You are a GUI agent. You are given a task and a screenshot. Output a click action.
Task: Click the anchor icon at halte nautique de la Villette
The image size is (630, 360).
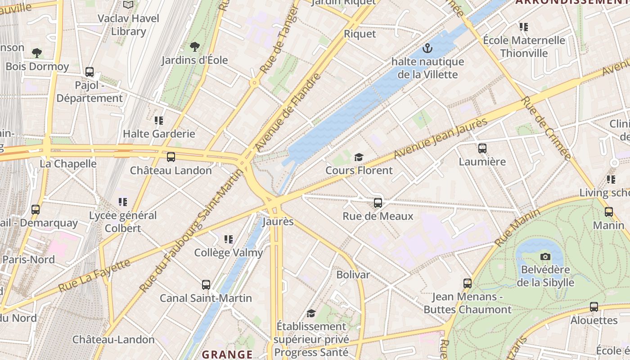click(x=427, y=48)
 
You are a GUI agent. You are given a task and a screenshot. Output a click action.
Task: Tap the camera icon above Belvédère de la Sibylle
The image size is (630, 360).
click(x=545, y=256)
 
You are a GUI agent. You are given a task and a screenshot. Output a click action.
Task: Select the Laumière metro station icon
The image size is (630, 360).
click(x=482, y=148)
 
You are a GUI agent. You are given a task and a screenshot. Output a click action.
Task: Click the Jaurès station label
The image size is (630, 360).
click(x=278, y=221)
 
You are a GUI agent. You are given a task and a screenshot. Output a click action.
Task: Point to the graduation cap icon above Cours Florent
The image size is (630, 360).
click(x=359, y=157)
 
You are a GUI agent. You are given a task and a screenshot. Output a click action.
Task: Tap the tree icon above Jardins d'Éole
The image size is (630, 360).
click(x=194, y=46)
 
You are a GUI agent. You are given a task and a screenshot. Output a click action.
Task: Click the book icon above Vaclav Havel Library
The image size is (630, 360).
click(x=128, y=5)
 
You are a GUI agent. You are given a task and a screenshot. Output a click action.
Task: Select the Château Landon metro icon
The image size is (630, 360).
click(x=171, y=157)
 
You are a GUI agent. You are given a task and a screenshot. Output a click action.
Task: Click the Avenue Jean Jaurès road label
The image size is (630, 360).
click(x=441, y=138)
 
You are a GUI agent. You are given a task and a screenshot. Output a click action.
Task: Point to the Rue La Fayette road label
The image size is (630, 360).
click(x=94, y=275)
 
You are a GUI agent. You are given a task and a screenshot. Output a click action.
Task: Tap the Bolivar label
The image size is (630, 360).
click(x=353, y=274)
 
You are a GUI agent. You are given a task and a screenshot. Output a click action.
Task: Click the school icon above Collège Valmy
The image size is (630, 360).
click(x=229, y=239)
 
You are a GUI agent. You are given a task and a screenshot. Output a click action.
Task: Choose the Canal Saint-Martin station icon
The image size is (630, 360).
click(x=206, y=284)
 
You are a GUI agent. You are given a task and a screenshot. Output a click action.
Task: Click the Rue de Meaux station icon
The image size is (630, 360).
click(x=378, y=203)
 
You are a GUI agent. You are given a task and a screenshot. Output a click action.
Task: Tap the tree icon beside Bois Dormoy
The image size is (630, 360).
click(x=37, y=53)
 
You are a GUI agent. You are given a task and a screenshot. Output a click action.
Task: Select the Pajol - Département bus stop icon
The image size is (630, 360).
click(x=90, y=72)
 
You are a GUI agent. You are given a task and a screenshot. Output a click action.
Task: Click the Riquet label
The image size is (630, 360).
click(x=360, y=34)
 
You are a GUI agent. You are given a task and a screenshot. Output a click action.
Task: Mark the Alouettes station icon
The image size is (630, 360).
click(x=594, y=307)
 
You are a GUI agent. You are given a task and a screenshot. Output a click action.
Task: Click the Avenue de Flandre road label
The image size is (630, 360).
click(x=288, y=112)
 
